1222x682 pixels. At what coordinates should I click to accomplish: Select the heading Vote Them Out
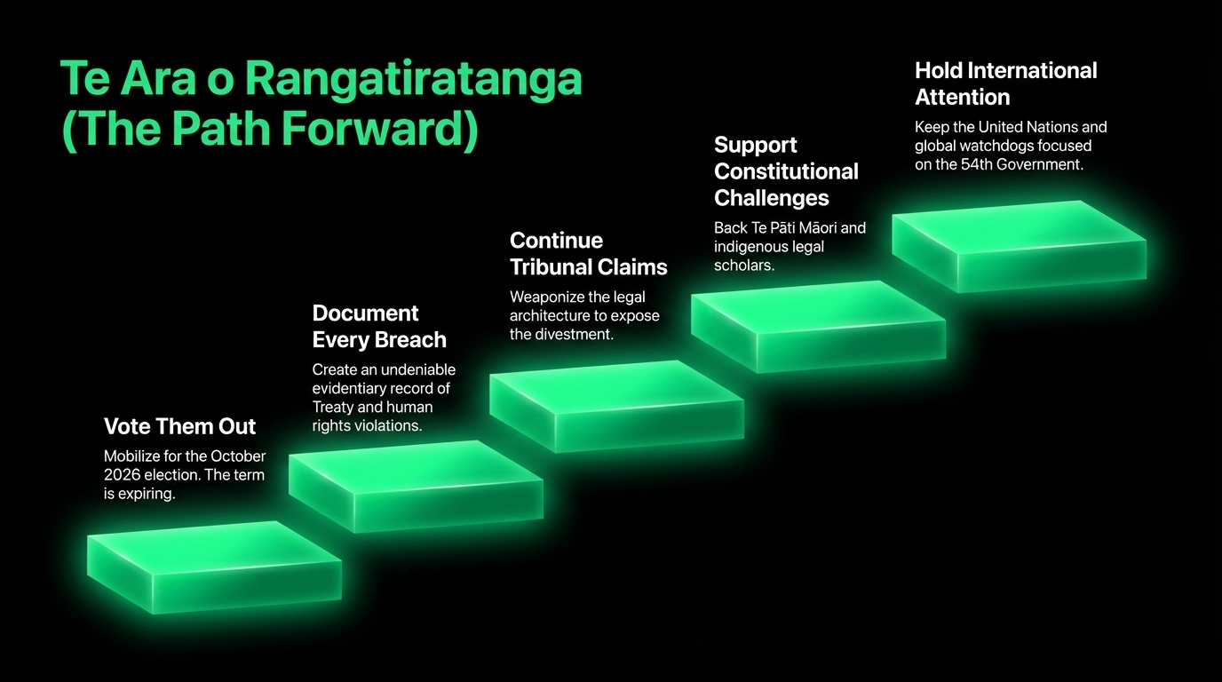(x=179, y=426)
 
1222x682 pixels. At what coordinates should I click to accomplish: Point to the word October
(x=238, y=456)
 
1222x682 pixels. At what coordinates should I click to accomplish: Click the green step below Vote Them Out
(x=214, y=567)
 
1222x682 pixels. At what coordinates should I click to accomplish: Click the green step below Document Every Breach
(x=416, y=487)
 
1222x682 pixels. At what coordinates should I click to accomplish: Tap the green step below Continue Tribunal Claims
(x=616, y=407)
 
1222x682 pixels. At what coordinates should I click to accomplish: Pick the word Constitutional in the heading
(x=786, y=171)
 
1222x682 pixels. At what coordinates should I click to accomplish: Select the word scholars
(x=744, y=266)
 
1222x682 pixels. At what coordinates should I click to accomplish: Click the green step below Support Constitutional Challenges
(x=818, y=327)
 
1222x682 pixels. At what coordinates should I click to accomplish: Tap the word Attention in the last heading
(x=963, y=97)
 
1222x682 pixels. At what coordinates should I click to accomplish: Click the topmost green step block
(x=1019, y=247)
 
